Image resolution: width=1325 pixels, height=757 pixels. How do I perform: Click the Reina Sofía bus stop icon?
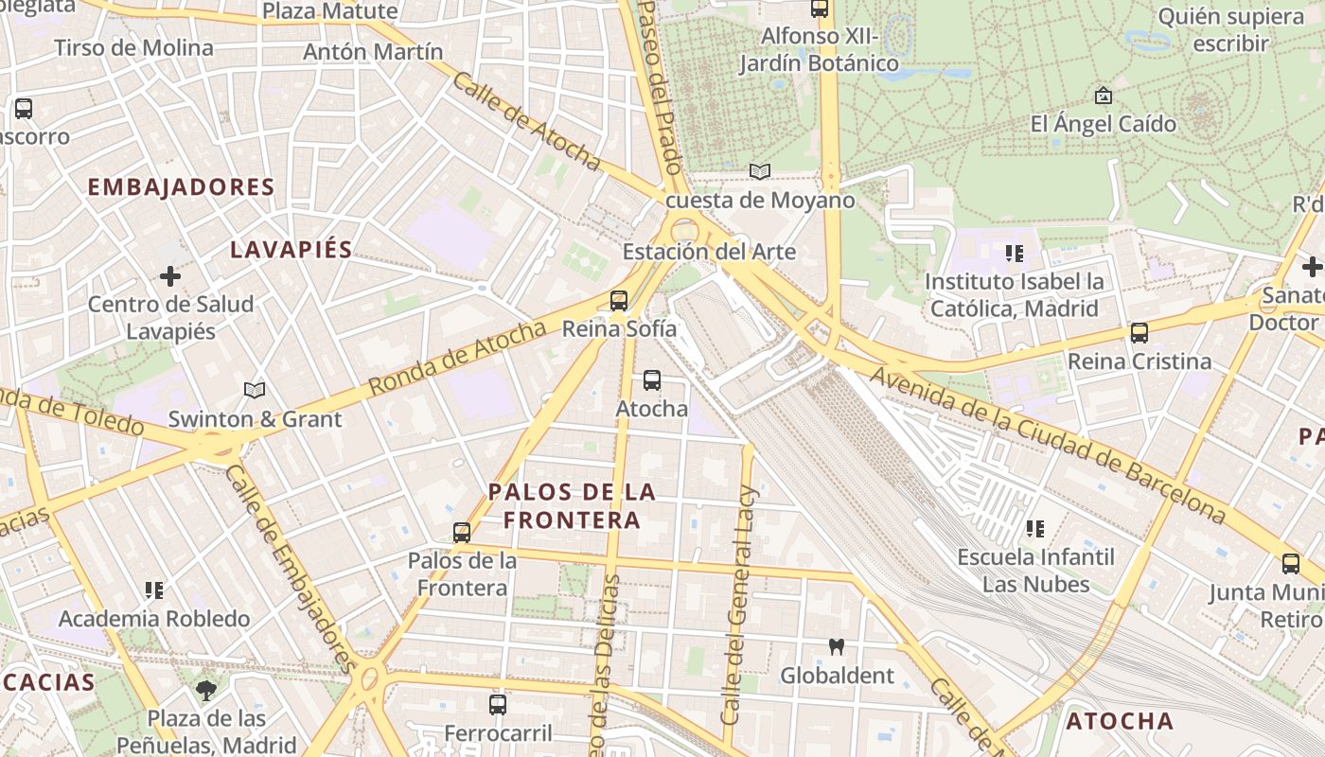coord(619,301)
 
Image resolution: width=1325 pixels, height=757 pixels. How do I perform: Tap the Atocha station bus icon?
coord(651,381)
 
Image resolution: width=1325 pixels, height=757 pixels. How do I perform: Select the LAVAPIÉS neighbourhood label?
coord(291,250)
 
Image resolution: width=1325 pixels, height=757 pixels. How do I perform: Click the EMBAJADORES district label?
coord(181,187)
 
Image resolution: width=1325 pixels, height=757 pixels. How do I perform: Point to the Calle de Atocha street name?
coord(526,121)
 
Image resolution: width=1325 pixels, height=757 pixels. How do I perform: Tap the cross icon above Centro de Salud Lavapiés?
coord(170,276)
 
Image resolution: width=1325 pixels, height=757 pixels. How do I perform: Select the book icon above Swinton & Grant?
coord(254,390)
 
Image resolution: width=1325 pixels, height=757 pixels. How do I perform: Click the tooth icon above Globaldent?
coord(836,647)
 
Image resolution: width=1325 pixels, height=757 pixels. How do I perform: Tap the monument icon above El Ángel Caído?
coord(1103,96)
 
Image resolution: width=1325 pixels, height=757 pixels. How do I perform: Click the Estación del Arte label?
coord(709,252)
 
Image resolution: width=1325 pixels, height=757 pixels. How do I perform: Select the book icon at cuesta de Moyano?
coord(759,171)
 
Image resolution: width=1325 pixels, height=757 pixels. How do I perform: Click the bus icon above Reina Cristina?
coord(1139,333)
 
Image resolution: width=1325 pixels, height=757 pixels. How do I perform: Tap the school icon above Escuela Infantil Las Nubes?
coord(1035,528)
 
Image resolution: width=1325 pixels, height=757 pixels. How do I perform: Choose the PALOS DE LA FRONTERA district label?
coord(572,506)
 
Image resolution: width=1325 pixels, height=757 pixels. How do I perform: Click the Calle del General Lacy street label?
coord(739,606)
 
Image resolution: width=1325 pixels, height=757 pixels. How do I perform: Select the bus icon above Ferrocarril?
coord(498,705)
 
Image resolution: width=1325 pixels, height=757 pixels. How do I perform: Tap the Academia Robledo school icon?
coord(154,590)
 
